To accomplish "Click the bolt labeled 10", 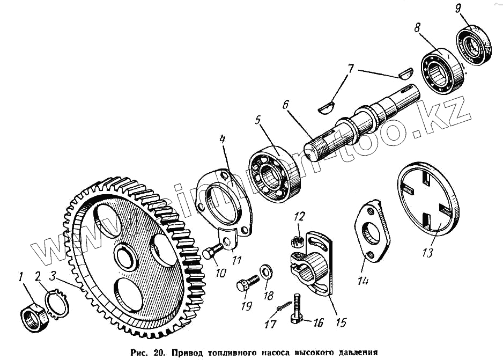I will [212, 251].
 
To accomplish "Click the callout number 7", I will [351, 69].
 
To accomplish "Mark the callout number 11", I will [236, 261].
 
